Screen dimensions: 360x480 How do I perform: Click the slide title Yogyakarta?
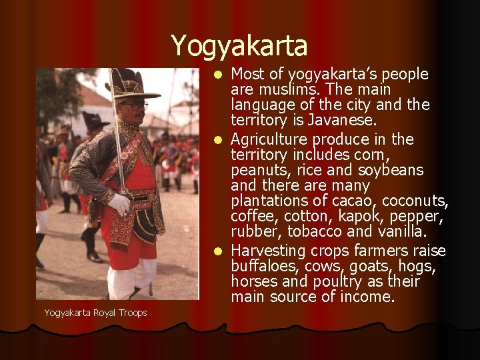tap(239, 45)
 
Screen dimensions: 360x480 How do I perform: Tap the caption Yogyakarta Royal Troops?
tap(95, 313)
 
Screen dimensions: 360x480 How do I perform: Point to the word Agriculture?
tap(273, 139)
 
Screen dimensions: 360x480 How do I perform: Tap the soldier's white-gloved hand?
tap(121, 203)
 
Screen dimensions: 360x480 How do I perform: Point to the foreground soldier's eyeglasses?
tap(135, 105)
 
